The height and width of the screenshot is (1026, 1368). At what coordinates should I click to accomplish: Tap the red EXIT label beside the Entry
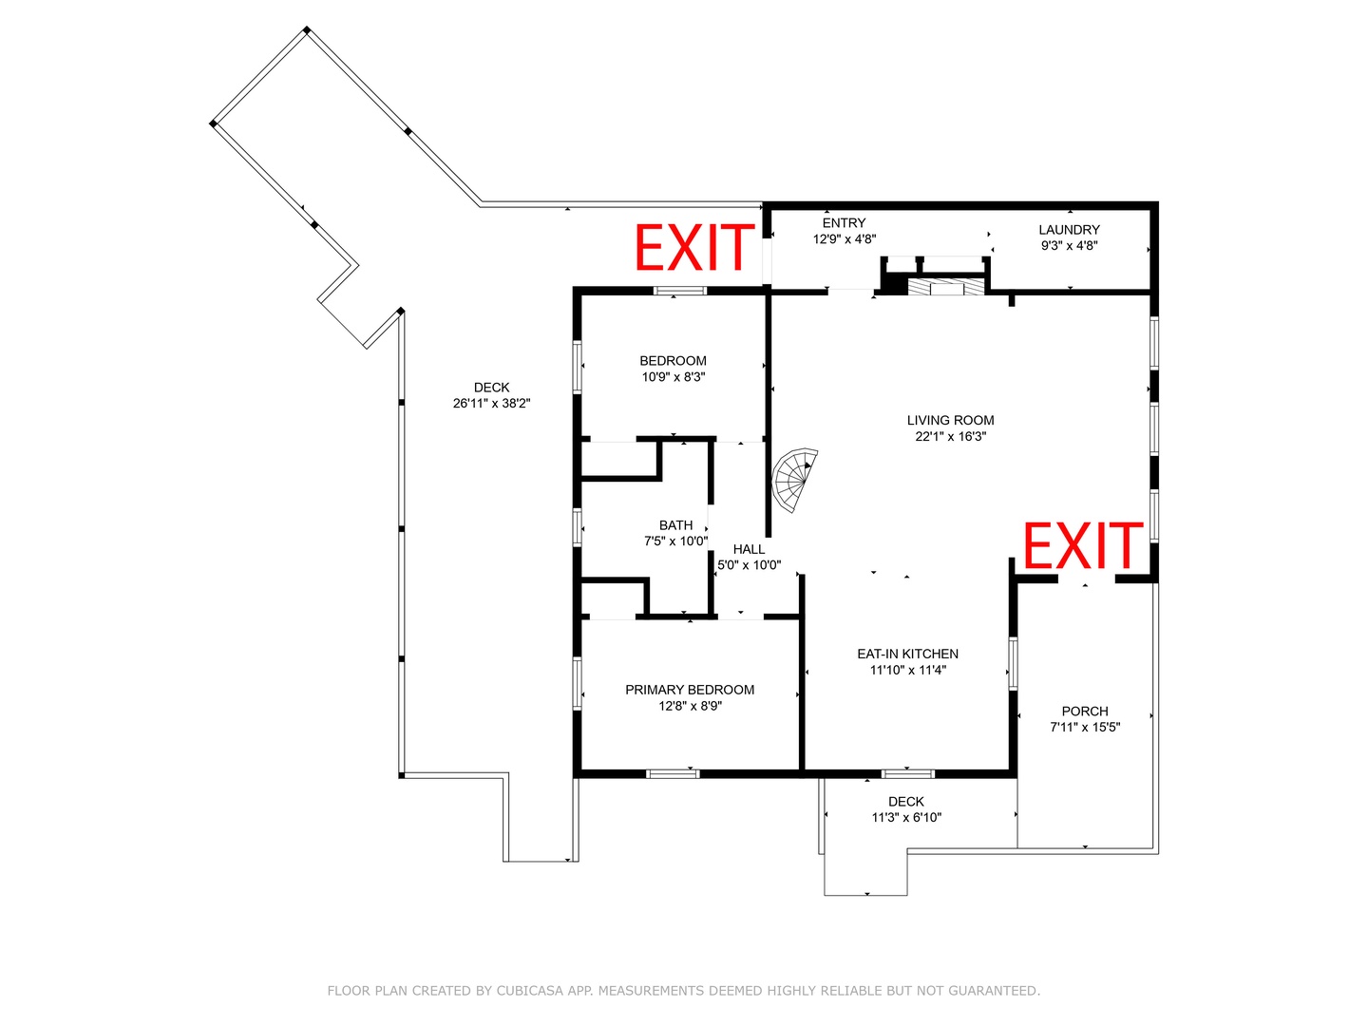pos(693,247)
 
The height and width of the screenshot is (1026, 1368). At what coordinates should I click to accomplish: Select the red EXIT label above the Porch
pos(1083,545)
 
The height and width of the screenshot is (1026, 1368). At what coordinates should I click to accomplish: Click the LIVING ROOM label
pos(950,421)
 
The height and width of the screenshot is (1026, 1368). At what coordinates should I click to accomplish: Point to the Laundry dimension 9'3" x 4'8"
pos(1069,245)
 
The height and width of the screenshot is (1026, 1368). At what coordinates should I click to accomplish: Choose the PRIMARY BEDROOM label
pos(690,690)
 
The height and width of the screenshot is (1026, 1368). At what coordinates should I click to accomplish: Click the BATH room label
pos(675,525)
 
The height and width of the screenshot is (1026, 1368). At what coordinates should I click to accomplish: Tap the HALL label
pos(749,549)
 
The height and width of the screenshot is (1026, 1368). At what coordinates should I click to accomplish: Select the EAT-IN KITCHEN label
pos(907,654)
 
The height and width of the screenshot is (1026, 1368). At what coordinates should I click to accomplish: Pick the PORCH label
pos(1085,711)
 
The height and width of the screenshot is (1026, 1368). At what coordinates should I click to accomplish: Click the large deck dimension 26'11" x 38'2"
pos(491,403)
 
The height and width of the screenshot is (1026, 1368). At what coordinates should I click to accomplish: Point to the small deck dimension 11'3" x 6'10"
pos(905,817)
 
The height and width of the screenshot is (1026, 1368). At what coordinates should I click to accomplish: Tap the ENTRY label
pos(844,223)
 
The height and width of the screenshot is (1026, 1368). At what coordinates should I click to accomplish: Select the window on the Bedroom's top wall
pos(679,291)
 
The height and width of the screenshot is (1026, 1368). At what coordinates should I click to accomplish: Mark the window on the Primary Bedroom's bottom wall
pos(673,773)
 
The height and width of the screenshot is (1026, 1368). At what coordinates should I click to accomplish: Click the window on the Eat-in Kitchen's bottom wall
pos(907,773)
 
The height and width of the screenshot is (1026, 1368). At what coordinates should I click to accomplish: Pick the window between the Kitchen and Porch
pos(1013,663)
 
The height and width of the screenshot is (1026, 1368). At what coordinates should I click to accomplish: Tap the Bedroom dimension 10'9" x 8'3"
pos(674,377)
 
